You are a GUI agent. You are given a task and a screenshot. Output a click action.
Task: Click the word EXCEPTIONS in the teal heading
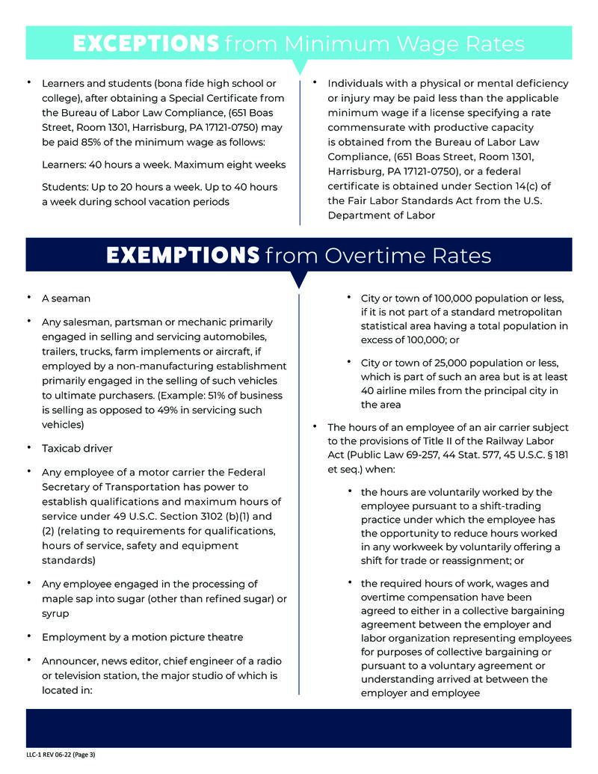pyautogui.click(x=146, y=43)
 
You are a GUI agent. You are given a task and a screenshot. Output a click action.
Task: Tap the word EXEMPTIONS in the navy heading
pyautogui.click(x=182, y=256)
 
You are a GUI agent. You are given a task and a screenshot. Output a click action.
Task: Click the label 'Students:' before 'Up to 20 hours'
pyautogui.click(x=66, y=186)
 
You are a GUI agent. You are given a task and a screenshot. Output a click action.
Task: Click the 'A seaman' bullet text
pyautogui.click(x=66, y=298)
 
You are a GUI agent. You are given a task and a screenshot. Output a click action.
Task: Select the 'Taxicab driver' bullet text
pyautogui.click(x=77, y=448)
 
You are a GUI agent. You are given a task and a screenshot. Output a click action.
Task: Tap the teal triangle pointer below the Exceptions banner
pyautogui.click(x=299, y=68)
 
